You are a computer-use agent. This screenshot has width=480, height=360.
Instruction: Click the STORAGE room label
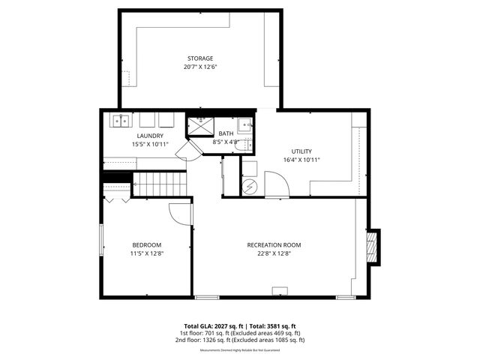coord(200,58)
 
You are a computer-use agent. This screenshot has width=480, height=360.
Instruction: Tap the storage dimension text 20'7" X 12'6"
coord(200,67)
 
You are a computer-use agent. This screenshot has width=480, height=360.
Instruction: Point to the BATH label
coord(226,133)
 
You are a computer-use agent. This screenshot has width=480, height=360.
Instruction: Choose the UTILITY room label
coord(302,151)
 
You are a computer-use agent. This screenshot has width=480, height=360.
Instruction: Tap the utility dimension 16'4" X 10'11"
coord(302,160)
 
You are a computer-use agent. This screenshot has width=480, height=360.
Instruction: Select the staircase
coord(159,184)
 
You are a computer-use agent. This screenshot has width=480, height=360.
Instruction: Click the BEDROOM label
coord(147,245)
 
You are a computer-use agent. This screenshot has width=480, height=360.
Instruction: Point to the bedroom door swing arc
coord(180,214)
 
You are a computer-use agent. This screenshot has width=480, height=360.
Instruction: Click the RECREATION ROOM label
coord(274,245)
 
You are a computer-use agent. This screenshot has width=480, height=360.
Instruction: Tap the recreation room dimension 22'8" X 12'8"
coord(274,253)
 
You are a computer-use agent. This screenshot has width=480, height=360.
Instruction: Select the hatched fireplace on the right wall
coord(372,245)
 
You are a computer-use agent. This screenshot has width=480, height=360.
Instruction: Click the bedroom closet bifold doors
coord(115,200)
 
